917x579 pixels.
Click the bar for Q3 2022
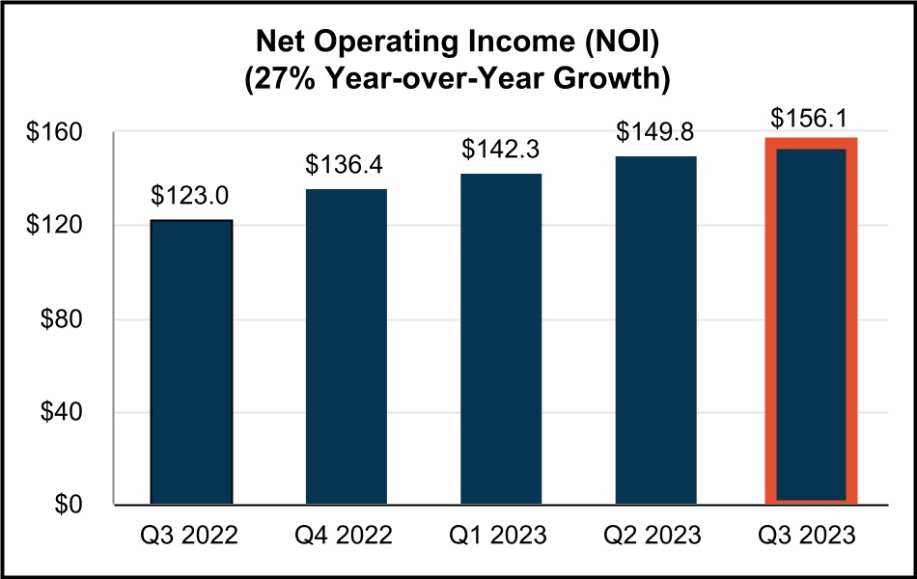tap(191, 362)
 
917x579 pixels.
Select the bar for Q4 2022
tap(346, 346)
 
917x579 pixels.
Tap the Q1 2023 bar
tap(501, 339)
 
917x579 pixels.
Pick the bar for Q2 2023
tap(655, 330)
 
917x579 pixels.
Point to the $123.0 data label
tap(191, 196)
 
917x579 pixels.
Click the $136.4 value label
tap(346, 165)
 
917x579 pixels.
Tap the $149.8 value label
tap(655, 131)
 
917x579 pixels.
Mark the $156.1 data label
tap(811, 117)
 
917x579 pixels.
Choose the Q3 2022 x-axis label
tap(191, 534)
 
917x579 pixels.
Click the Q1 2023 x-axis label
tap(501, 534)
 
